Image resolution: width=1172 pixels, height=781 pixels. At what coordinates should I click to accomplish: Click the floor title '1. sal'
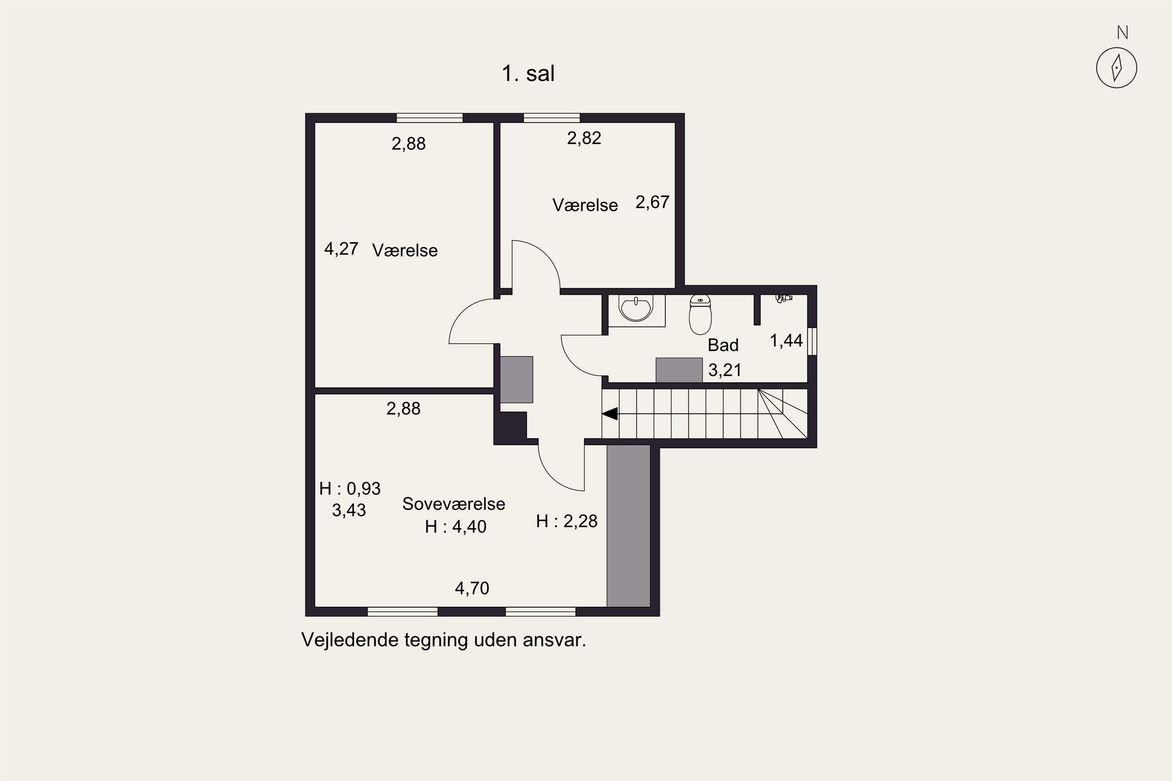(528, 74)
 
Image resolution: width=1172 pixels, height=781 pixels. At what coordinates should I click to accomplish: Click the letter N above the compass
(1123, 33)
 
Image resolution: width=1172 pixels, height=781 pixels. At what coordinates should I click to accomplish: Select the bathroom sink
(636, 309)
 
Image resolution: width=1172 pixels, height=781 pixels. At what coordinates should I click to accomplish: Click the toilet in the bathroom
(700, 314)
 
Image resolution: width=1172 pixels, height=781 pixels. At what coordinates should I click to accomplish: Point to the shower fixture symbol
(784, 298)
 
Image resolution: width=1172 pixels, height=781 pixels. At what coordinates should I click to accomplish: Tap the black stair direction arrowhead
(610, 414)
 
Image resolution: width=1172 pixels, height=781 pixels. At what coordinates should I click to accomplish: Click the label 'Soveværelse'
(454, 504)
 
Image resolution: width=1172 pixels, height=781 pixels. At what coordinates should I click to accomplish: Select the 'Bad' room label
(723, 345)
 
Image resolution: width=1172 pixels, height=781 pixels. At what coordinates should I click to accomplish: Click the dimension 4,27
(341, 248)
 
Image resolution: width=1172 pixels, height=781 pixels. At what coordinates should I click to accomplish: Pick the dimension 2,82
(584, 138)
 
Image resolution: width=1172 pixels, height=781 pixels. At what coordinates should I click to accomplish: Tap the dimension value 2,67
(652, 202)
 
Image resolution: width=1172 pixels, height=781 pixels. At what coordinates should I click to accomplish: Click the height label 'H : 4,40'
(456, 526)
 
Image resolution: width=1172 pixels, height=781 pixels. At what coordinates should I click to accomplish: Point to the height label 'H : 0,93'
(350, 489)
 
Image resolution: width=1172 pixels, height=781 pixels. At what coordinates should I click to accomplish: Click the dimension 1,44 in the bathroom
(786, 341)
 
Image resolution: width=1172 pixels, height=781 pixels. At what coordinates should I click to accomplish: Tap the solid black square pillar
(513, 426)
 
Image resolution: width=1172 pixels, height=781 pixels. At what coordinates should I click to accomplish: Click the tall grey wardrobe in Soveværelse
(628, 526)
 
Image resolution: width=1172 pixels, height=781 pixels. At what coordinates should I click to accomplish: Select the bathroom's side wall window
(812, 341)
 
